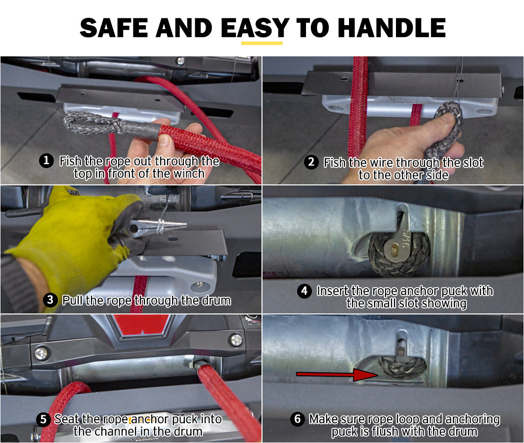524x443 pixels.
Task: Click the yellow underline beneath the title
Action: point(262,43)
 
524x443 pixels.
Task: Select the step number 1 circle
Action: point(46,161)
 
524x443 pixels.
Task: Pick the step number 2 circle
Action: point(311,162)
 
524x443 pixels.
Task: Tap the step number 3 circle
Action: point(50,300)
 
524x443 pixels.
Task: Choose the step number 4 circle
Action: point(304,291)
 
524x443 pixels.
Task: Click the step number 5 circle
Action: point(43,419)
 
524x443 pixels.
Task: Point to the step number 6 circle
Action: point(298,419)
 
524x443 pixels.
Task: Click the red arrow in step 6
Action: point(338,374)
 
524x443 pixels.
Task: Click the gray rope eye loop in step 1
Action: point(90,123)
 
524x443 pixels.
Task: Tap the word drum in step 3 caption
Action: point(217,300)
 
